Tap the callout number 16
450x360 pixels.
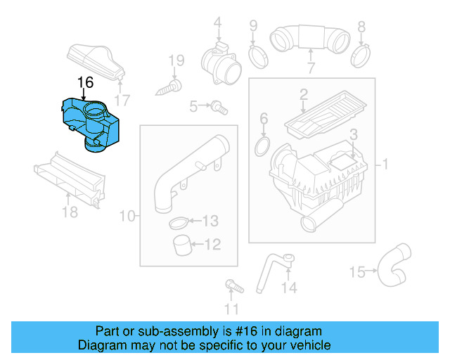pos(85,83)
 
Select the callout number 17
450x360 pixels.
pos(124,99)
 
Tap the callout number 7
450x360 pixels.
pos(310,68)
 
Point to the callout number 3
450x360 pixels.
pos(354,134)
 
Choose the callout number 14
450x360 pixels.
pos(289,288)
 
